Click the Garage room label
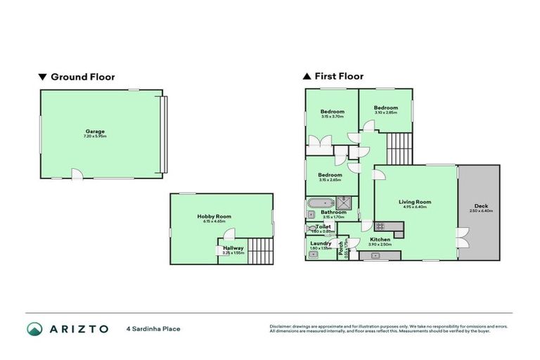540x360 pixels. coord(96,131)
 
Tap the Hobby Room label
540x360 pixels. coord(214,217)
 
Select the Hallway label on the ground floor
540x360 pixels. coord(233,248)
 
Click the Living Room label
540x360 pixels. coord(415,202)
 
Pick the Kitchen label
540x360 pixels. coord(380,240)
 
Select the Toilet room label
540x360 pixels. coord(323,227)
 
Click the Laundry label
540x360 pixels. coord(321,243)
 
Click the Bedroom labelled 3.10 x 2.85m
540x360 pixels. coord(385,108)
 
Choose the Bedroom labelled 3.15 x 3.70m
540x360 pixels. coord(332,112)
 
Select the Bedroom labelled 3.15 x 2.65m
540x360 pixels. coord(330,175)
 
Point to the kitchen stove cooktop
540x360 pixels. coord(380,226)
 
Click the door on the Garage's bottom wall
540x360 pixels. coord(77,174)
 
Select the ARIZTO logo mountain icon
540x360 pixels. coord(34,328)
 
